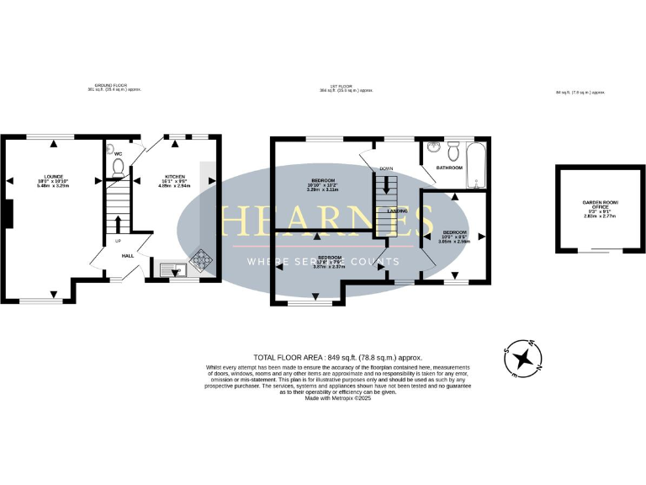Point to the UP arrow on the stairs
coord(117,224)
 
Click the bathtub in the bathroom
coord(476,166)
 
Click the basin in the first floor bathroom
coord(432,147)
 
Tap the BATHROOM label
coord(449,168)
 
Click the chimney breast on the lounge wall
coord(7,214)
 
